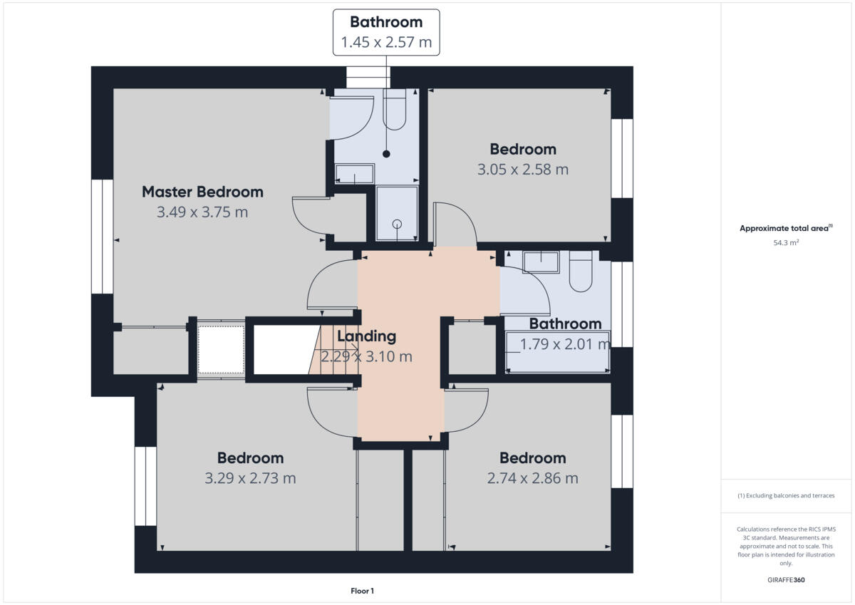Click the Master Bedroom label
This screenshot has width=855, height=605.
click(202, 192)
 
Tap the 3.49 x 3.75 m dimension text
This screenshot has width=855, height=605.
click(202, 212)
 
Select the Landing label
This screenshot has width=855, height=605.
click(366, 336)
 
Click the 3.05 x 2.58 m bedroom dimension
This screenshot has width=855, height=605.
click(523, 170)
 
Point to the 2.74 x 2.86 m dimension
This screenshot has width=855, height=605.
click(532, 479)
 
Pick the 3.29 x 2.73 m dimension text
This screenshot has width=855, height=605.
click(250, 479)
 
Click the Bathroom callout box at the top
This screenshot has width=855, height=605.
click(386, 32)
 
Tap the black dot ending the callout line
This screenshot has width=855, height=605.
click(386, 154)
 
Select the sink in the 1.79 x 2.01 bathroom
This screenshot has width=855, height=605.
click(541, 262)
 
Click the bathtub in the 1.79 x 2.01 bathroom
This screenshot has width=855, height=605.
click(558, 352)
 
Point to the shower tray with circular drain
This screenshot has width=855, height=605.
click(397, 213)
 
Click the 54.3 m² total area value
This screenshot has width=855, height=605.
click(786, 243)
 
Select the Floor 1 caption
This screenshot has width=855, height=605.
click(362, 591)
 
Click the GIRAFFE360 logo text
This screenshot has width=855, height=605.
click(786, 580)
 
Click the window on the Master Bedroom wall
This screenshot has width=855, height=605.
click(103, 237)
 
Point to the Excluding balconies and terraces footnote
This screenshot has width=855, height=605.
click(786, 496)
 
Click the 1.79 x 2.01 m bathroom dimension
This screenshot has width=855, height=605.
click(565, 345)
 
